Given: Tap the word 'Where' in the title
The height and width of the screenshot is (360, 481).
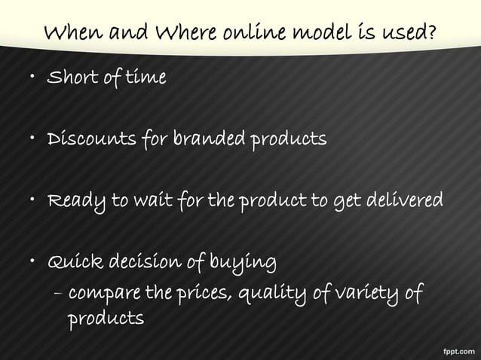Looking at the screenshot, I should pos(182,33).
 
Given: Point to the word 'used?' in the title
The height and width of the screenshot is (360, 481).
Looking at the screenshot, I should pos(412,33).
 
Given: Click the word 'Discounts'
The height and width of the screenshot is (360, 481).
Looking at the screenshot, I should pos(90,140).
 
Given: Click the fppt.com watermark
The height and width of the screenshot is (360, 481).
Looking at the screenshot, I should pos(456,349).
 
